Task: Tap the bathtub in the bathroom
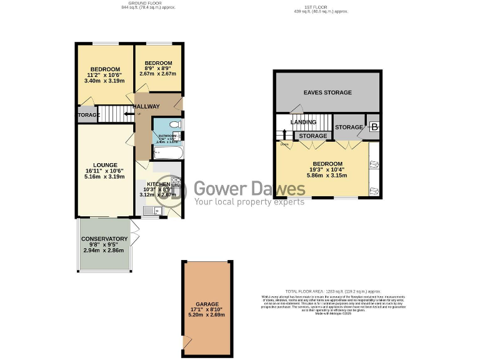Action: pyautogui.click(x=167, y=152)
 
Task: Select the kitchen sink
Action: pyautogui.click(x=150, y=211)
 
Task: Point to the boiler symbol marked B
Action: pyautogui.click(x=374, y=127)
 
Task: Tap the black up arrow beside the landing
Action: pyautogui.click(x=285, y=134)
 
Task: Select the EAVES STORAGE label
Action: pyautogui.click(x=327, y=92)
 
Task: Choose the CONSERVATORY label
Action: pyautogui.click(x=104, y=239)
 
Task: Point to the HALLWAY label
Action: pyautogui.click(x=146, y=107)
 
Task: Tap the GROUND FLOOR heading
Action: pyautogui.click(x=141, y=2)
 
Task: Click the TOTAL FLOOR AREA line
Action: pyautogui.click(x=332, y=291)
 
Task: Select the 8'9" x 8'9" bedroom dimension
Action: pyautogui.click(x=159, y=69)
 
